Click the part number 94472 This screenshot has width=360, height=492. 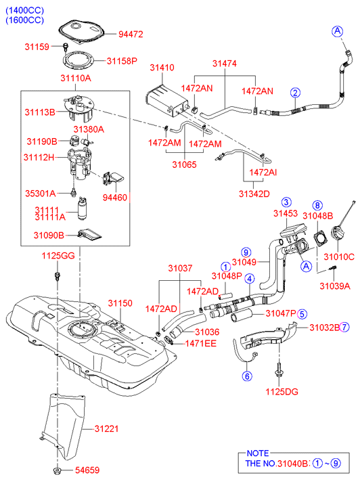[131, 35]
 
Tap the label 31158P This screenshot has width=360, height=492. [122, 61]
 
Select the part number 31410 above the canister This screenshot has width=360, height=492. [162, 68]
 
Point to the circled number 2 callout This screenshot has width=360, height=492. [295, 93]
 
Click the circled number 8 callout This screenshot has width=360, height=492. [317, 206]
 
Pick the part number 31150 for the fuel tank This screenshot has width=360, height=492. [120, 303]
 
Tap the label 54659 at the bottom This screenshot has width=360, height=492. [87, 470]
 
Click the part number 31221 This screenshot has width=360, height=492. [107, 428]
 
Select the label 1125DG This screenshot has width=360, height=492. [282, 392]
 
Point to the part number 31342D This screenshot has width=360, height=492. [254, 194]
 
